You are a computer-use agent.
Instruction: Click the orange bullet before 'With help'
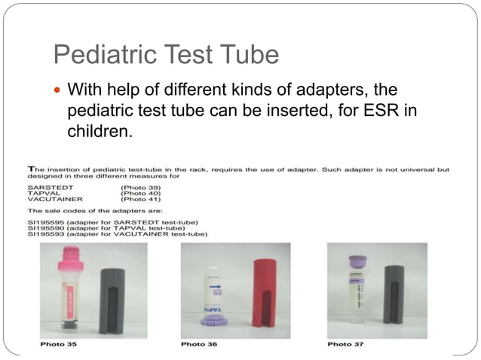pos(58,91)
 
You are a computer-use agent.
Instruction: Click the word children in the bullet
pos(98,132)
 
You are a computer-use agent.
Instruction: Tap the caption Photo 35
pos(59,344)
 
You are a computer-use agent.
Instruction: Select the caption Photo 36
pos(200,344)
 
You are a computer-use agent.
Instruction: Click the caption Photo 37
pos(345,344)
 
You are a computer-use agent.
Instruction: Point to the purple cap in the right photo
pos(357,261)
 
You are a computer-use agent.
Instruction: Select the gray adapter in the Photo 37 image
pos(394,294)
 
